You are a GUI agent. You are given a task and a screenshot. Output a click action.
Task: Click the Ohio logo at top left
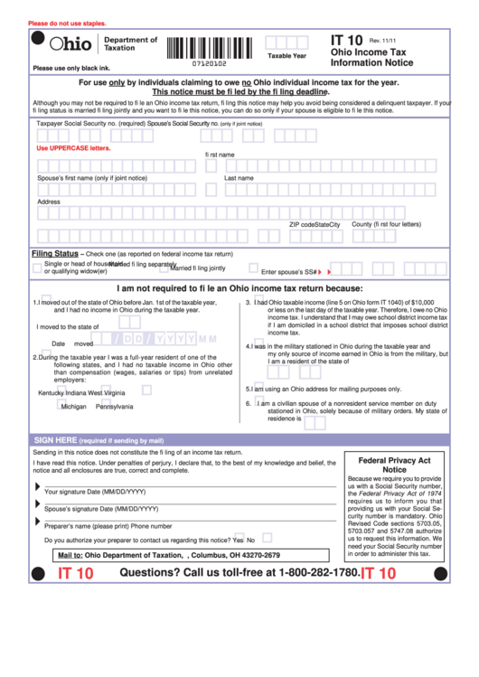coord(70,44)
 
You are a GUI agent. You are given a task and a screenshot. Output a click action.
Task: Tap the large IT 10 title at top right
coord(347,41)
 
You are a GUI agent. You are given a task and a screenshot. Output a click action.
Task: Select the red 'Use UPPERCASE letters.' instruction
coord(73,147)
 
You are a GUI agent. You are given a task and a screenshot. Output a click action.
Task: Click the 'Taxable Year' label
coord(286,56)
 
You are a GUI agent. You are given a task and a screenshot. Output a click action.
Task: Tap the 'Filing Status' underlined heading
coord(55,254)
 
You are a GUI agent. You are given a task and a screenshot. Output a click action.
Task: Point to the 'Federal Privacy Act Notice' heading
coord(394,465)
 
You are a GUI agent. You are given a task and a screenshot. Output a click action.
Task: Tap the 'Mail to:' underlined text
coord(70,555)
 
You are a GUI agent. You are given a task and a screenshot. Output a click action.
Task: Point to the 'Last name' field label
coord(239,178)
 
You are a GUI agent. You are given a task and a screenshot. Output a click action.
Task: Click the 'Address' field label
coord(49,202)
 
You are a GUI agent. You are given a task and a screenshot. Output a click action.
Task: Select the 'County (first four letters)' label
coord(386,224)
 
